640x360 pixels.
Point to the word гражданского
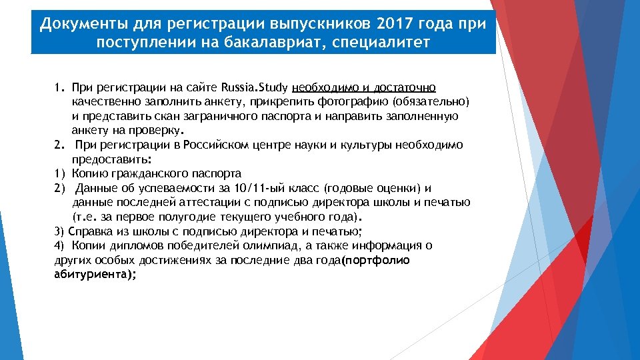(x=148, y=173)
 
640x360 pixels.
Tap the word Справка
(x=88, y=231)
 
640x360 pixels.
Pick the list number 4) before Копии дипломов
(x=58, y=245)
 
